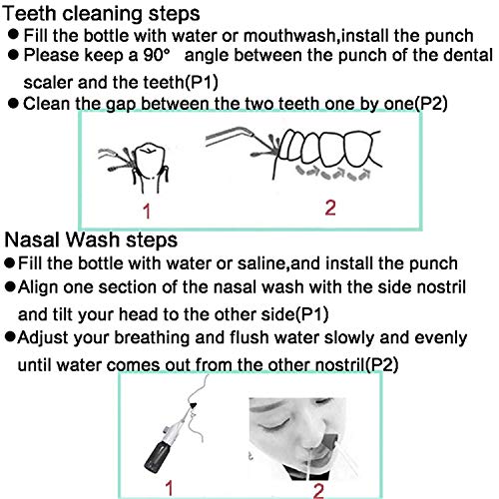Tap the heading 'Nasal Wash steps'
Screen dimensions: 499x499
pos(92,241)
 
